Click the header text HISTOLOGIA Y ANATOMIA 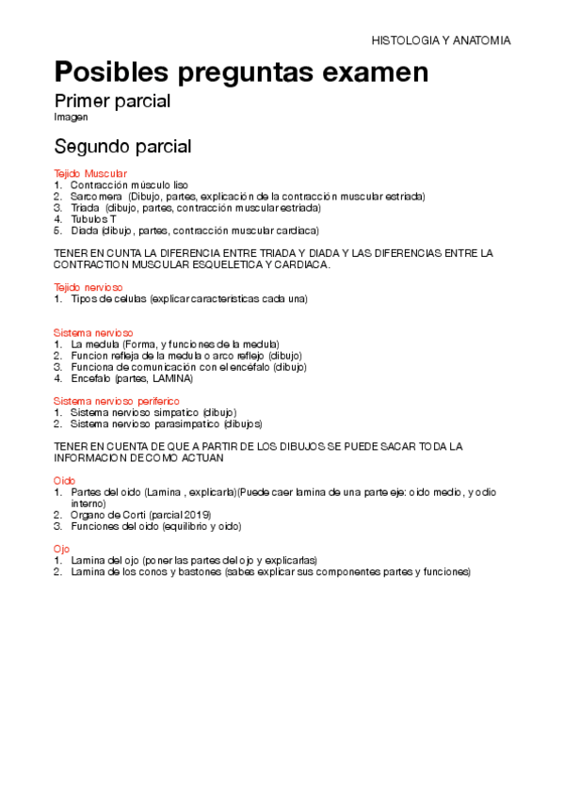(x=441, y=41)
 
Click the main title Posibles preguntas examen (x=242, y=72)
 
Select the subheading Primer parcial (x=112, y=101)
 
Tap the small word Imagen (x=71, y=118)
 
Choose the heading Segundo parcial (x=122, y=147)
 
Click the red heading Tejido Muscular (x=90, y=174)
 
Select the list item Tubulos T (x=94, y=219)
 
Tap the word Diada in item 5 (x=85, y=231)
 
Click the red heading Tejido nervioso (x=89, y=287)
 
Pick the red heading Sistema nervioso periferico (x=114, y=401)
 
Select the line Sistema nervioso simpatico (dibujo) (x=153, y=412)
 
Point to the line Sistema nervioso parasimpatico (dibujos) (x=167, y=423)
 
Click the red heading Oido (x=64, y=480)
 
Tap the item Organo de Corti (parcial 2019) (x=141, y=515)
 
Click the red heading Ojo (x=62, y=548)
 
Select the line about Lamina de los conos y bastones (x=269, y=571)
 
